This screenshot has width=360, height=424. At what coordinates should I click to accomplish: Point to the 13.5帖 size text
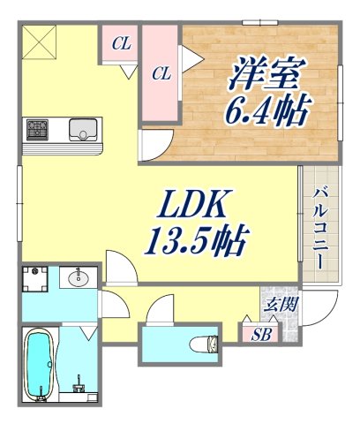click(199, 238)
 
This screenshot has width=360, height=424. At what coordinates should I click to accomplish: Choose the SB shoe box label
click(260, 334)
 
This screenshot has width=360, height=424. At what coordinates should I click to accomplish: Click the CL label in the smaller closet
click(122, 42)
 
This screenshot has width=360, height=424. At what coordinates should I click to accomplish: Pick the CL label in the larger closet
click(160, 74)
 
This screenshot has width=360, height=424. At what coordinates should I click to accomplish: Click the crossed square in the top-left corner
click(38, 43)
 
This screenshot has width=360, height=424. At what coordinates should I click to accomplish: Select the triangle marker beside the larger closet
click(188, 57)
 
